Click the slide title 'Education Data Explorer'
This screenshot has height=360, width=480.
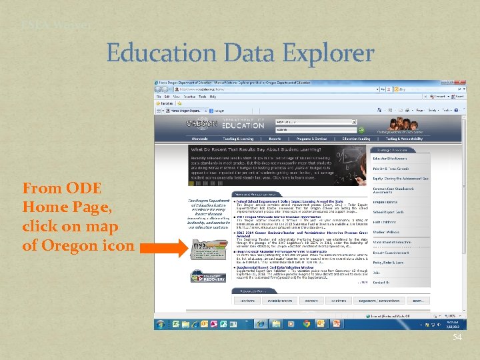pos(240,53)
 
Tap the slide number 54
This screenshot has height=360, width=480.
pos(457,338)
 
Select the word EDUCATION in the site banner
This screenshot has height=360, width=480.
pos(243,125)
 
